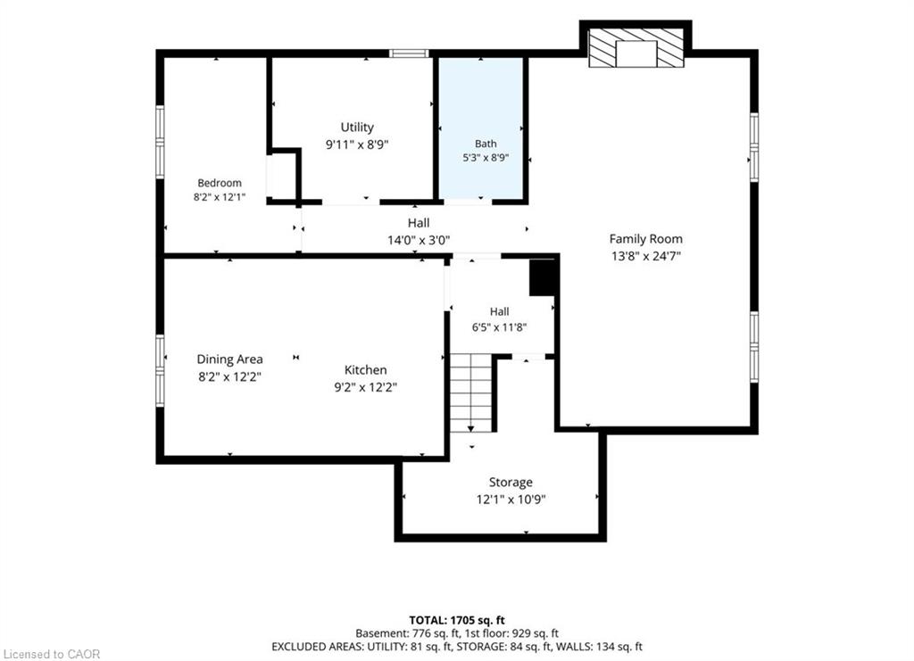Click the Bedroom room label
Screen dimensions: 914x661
click(220, 183)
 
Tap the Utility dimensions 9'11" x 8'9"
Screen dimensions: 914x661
click(357, 145)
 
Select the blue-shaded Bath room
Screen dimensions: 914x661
click(481, 128)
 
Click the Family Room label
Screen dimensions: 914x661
click(646, 239)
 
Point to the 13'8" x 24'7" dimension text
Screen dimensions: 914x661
click(646, 256)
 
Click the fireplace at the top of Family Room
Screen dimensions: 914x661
click(636, 48)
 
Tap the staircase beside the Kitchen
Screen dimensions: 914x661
click(471, 392)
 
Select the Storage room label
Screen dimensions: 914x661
click(511, 483)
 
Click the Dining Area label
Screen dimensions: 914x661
click(229, 359)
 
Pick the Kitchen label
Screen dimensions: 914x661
click(365, 370)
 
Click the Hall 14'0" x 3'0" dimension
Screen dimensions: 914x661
click(419, 240)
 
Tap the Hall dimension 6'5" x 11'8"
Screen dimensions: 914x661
click(500, 327)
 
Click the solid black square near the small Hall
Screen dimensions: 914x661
click(542, 277)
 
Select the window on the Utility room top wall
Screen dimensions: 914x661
click(409, 54)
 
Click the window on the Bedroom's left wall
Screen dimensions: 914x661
click(160, 142)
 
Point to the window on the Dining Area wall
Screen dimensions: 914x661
click(160, 370)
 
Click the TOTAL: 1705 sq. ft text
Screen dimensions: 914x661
click(456, 620)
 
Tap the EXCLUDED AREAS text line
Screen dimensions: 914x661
click(457, 647)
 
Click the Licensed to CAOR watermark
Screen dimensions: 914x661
click(51, 655)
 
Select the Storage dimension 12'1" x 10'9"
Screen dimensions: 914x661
click(511, 500)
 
